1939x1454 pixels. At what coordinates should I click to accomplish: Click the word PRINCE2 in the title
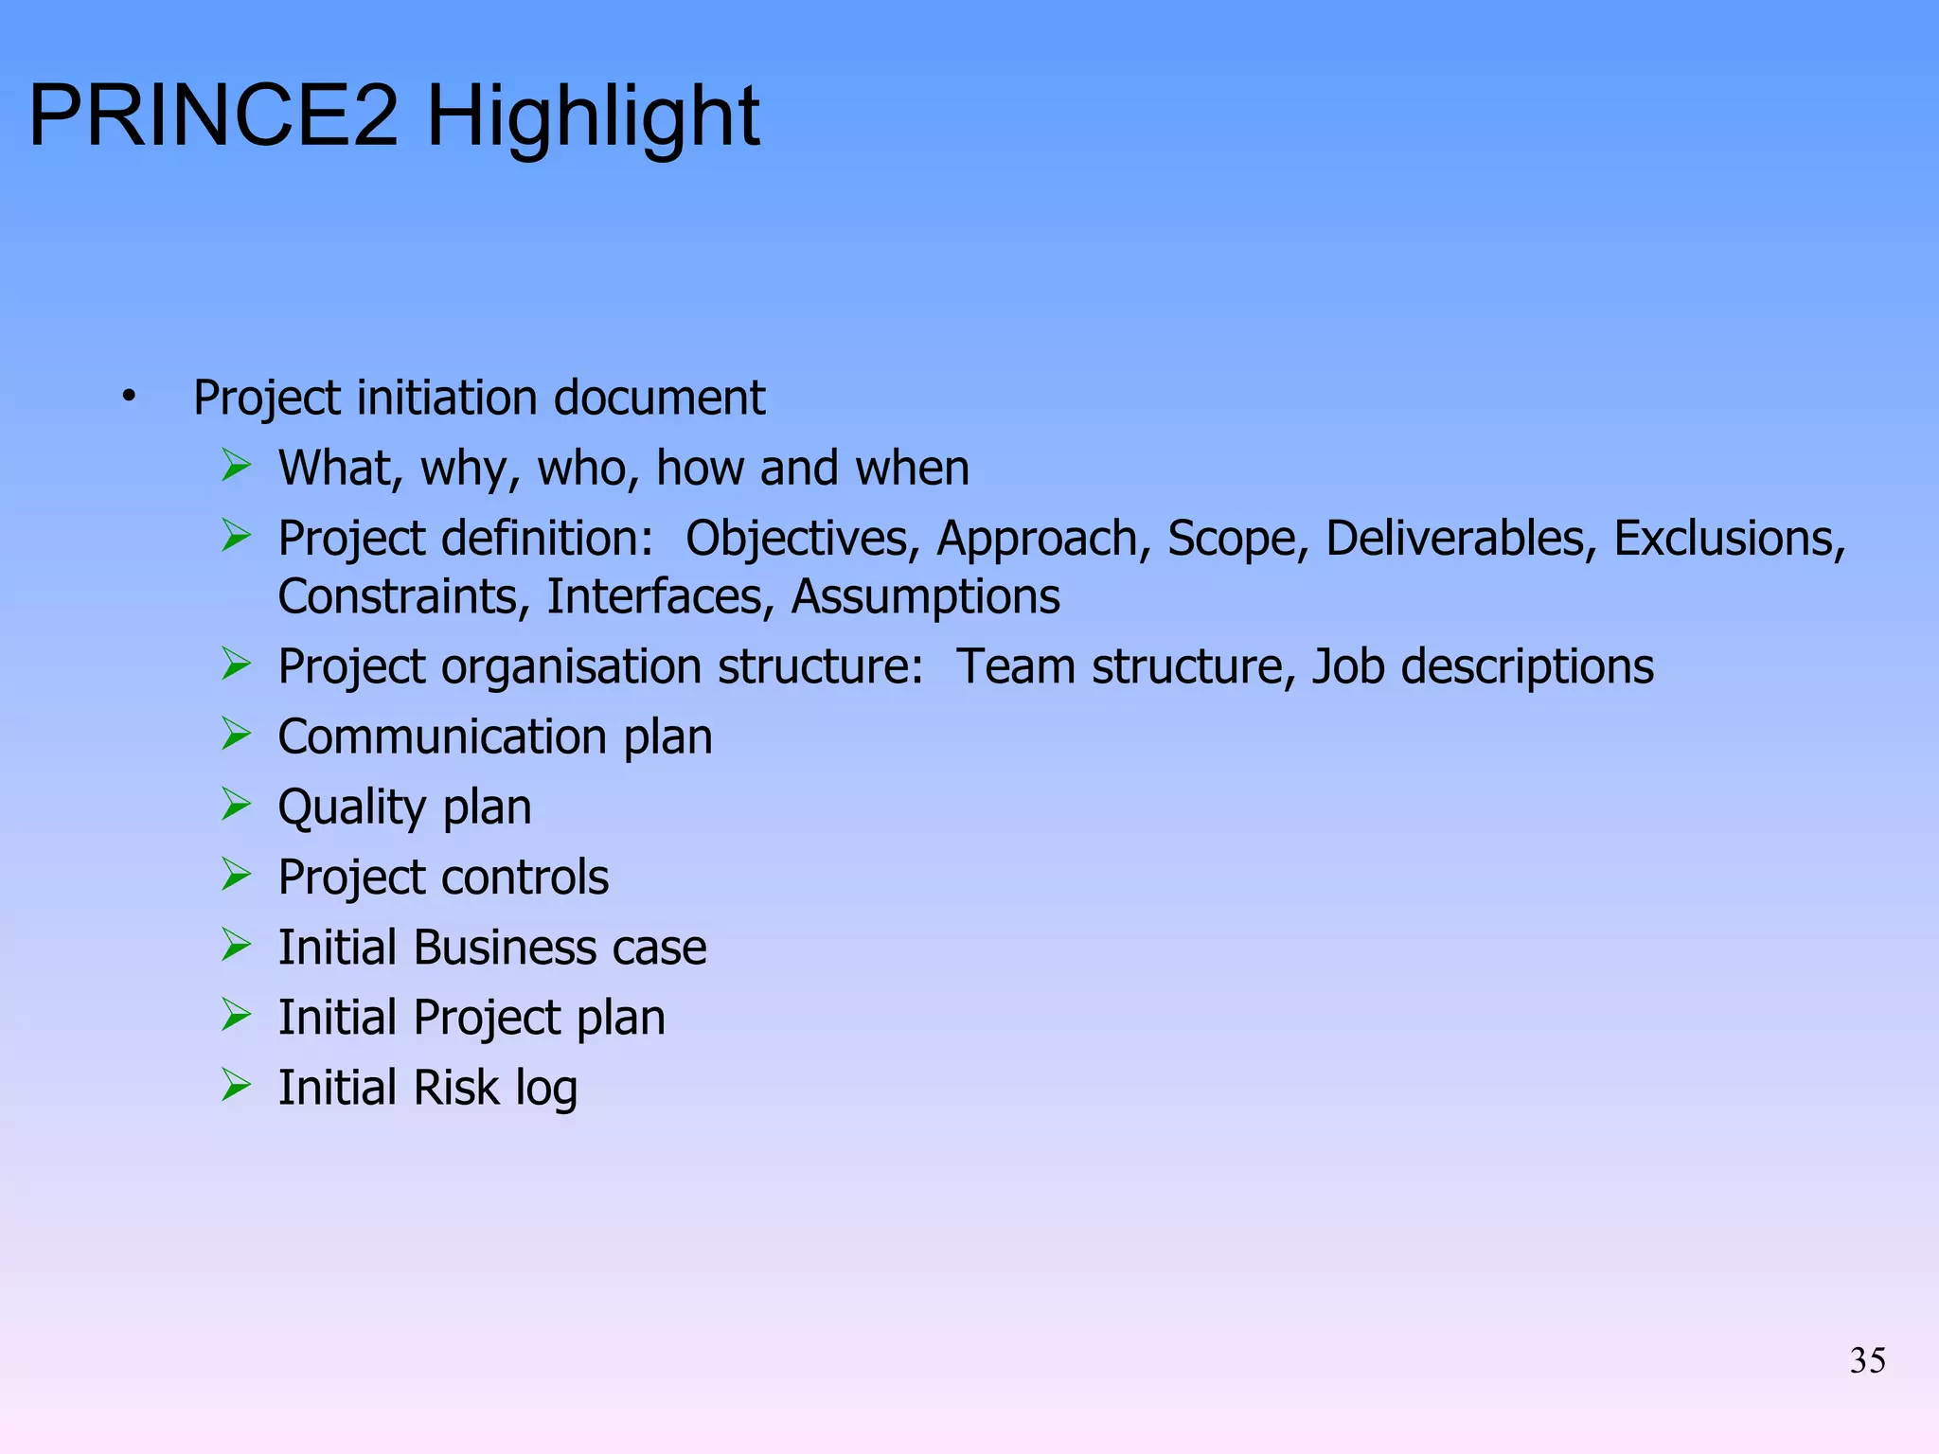point(214,116)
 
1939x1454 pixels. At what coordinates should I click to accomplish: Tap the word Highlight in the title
point(594,118)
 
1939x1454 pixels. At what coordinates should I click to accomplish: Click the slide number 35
point(1867,1361)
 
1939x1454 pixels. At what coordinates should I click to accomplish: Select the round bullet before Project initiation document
point(129,396)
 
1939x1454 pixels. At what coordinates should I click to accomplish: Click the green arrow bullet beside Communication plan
point(236,735)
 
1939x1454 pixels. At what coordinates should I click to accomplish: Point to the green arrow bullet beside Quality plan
point(236,805)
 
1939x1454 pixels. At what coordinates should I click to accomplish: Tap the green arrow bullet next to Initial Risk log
point(236,1085)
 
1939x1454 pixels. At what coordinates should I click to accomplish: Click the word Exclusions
point(1730,539)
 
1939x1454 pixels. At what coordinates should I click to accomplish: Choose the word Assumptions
point(926,597)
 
